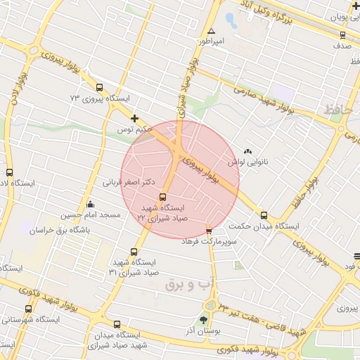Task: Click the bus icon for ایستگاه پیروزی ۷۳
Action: [98, 88]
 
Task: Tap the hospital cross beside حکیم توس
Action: [135, 119]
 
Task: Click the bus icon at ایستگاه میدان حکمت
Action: [264, 215]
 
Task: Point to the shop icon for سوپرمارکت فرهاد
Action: [209, 230]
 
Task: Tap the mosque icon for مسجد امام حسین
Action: [90, 205]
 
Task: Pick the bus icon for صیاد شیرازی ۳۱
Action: [134, 252]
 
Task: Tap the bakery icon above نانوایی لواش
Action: [247, 150]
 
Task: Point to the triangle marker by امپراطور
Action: [211, 31]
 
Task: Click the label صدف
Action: [342, 45]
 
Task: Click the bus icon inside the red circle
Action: [163, 197]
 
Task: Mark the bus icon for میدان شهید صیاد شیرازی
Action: [117, 325]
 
